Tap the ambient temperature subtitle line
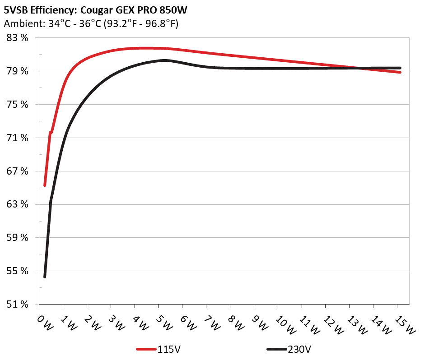click(91, 24)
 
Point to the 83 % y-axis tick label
click(18, 38)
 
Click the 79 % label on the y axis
click(18, 71)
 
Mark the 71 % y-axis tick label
click(18, 138)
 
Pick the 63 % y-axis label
click(18, 204)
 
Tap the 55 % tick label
click(18, 271)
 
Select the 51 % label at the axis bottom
click(18, 305)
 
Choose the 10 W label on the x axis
click(282, 324)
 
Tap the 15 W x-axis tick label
click(401, 324)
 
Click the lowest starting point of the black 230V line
click(45, 277)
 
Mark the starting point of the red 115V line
click(45, 185)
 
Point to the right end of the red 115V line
click(400, 72)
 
